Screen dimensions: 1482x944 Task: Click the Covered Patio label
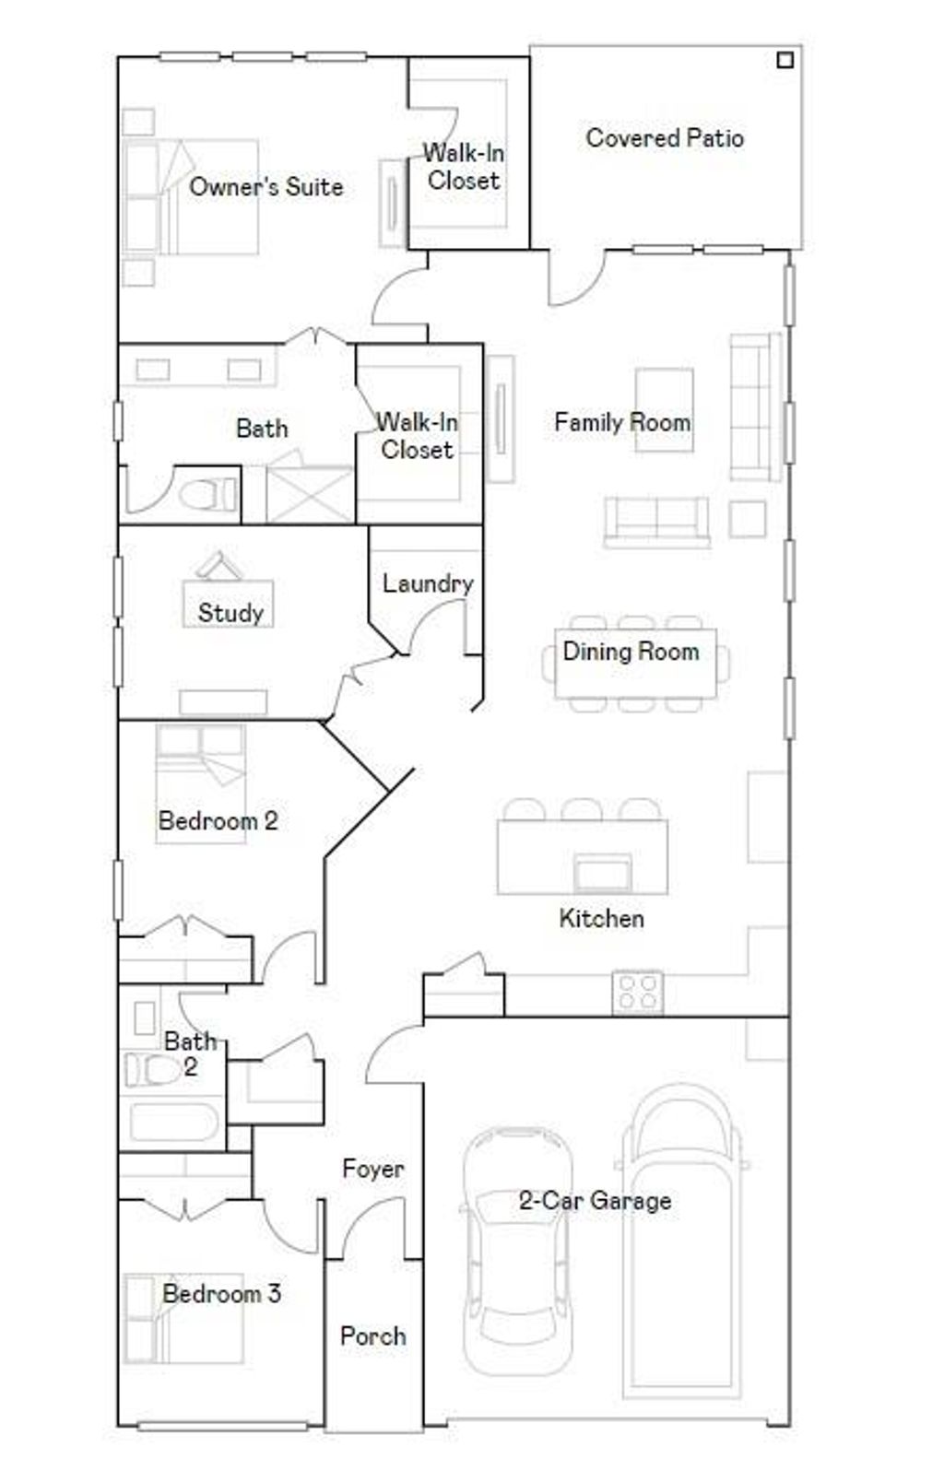[664, 138]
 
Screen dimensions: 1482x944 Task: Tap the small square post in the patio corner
[785, 61]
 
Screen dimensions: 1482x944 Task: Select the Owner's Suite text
[265, 187]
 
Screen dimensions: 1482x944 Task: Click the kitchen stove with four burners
[638, 993]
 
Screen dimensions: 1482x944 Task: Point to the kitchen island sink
[603, 870]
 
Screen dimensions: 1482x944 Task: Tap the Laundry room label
[427, 583]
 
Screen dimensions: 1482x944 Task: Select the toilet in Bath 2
[153, 1070]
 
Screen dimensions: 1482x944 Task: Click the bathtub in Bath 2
[172, 1123]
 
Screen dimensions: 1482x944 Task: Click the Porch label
[372, 1335]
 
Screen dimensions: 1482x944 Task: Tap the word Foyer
[372, 1169]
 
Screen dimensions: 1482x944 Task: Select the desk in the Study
[229, 604]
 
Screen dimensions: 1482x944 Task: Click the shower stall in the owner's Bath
[309, 495]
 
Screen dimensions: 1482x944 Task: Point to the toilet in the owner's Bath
[207, 496]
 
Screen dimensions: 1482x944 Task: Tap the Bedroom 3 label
[221, 1293]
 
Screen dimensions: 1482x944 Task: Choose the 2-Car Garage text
[595, 1200]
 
